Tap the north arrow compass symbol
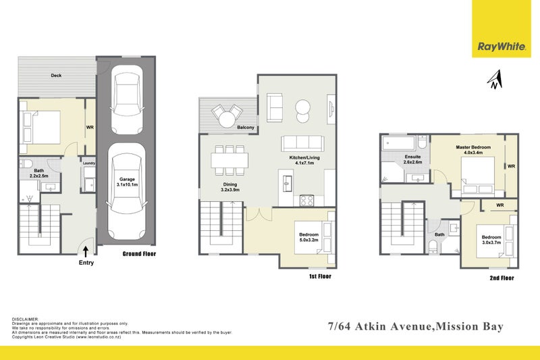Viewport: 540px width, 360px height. point(495,80)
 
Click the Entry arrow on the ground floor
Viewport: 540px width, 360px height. point(87,251)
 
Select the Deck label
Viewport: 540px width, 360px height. point(56,76)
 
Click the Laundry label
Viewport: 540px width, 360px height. point(88,163)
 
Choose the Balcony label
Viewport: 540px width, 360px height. point(227,126)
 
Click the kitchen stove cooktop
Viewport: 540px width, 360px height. point(306,199)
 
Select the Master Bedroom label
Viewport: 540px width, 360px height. point(473,151)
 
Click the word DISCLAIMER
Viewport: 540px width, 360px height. point(25,318)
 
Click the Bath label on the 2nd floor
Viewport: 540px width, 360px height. point(439,235)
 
